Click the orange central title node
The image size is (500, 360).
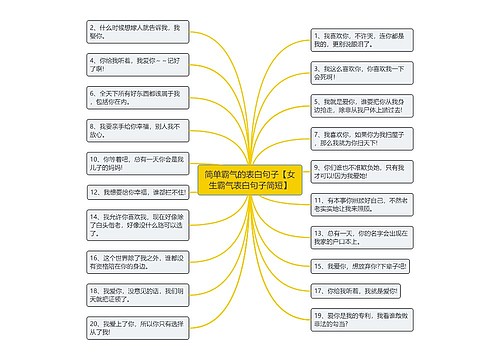tap(249, 180)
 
